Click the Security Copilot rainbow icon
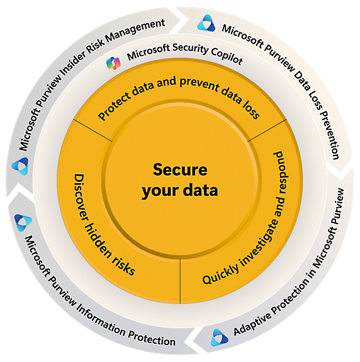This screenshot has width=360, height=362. (113, 63)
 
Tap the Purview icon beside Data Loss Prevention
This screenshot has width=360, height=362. (206, 23)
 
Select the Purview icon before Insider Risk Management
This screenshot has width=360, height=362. (20, 166)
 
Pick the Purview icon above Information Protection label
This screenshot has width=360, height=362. (23, 222)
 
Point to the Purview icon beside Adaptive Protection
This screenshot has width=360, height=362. (219, 337)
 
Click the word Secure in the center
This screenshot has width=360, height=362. (180, 170)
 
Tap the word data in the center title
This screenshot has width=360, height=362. (200, 190)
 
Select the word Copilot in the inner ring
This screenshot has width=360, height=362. (227, 56)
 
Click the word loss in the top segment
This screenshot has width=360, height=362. (251, 109)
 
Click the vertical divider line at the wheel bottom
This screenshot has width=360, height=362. (180, 281)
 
